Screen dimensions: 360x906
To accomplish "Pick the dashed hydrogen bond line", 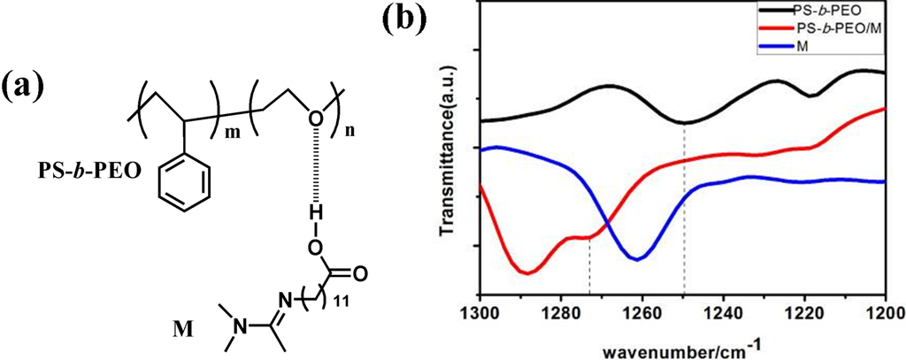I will [314, 169].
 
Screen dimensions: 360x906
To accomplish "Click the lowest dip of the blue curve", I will [637, 258].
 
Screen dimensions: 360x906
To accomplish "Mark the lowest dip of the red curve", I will [526, 272].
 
